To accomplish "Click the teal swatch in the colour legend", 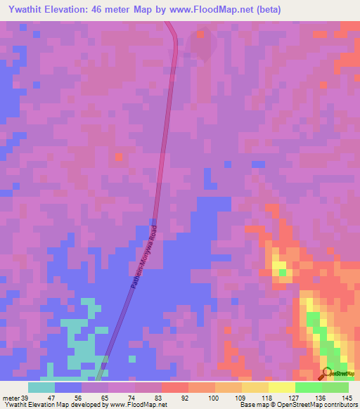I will click(x=41, y=387).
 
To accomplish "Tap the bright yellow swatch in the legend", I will click(x=281, y=387).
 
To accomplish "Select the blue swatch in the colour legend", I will click(x=67, y=387).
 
